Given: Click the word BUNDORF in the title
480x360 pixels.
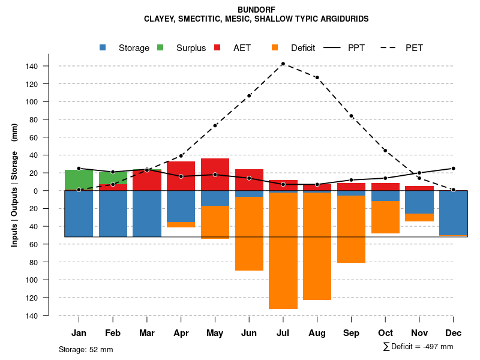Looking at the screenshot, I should coord(256,10).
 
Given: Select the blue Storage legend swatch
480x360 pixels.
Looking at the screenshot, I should coord(103,47).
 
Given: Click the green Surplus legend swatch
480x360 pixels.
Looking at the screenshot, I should coord(161,47).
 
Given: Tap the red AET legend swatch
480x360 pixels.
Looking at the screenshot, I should coord(218,47).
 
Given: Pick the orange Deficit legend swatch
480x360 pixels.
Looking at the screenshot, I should coord(275,47).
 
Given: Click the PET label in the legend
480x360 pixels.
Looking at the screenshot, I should coord(414,48).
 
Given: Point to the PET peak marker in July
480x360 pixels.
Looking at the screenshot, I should coord(283,64).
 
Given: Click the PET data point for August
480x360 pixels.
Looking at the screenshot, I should coord(317,77).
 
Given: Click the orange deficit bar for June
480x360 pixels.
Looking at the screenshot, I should coord(249,233).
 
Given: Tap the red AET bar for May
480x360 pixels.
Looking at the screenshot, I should coord(215,175).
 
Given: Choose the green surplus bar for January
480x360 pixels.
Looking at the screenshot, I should coord(79,179).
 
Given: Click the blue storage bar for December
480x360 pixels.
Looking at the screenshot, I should coord(453,212).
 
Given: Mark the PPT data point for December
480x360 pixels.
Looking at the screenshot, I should coord(453,169).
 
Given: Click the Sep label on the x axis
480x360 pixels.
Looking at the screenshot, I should coord(351,333).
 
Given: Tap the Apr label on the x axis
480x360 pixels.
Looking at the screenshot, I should coord(181,333).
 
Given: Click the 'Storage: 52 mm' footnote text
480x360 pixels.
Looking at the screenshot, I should coord(86,349).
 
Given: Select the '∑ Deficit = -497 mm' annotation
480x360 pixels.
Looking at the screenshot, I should coord(418,347).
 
